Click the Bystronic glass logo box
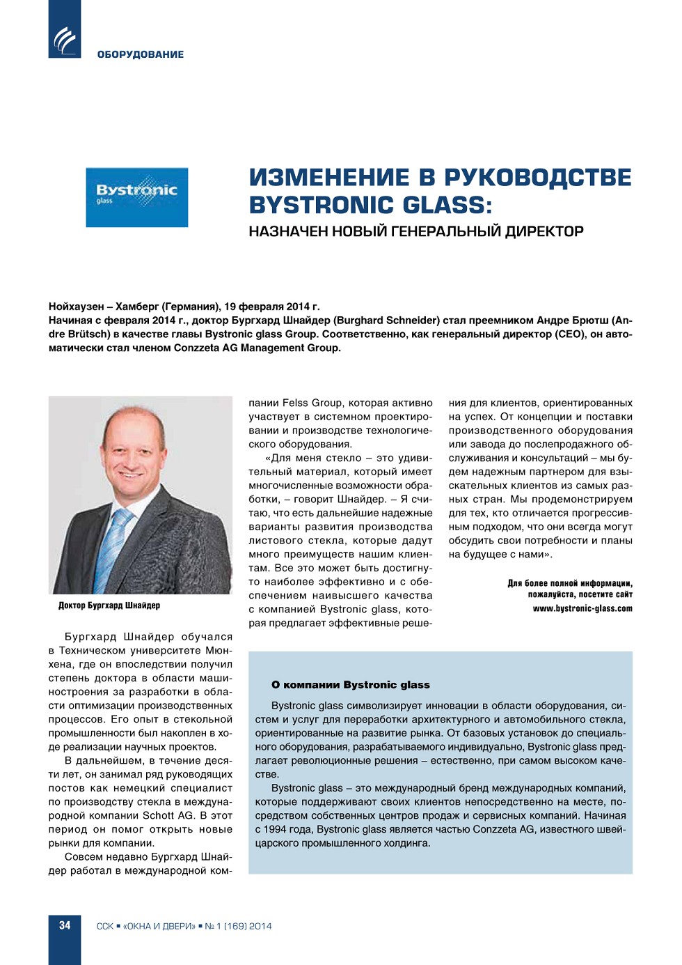137,197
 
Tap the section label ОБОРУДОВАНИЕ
141,54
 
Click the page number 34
65,925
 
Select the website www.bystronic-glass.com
582,608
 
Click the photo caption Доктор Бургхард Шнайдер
109,605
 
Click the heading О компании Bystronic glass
351,685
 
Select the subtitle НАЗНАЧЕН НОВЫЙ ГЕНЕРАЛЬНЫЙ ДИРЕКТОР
416,231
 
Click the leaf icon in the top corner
65,40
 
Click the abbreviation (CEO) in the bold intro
569,334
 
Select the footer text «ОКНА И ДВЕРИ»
159,926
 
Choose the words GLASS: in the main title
447,206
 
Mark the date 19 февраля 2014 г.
272,307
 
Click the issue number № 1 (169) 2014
238,926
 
